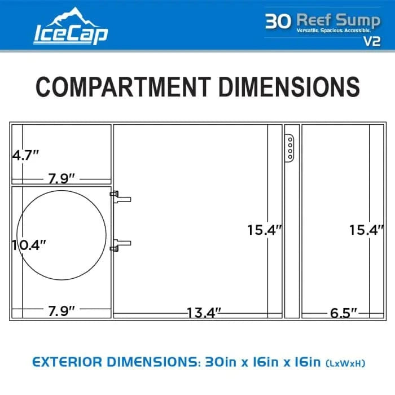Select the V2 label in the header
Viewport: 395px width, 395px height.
pos(372,40)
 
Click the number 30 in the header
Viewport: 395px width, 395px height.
pos(278,20)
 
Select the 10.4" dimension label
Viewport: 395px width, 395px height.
pos(29,245)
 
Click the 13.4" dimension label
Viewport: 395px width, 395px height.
pos(203,312)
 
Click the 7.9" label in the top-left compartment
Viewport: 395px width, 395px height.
pos(62,179)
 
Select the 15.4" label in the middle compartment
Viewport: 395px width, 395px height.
pos(264,230)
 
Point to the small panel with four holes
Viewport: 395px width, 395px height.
pos(289,148)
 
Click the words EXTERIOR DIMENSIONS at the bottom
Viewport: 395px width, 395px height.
pos(112,361)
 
